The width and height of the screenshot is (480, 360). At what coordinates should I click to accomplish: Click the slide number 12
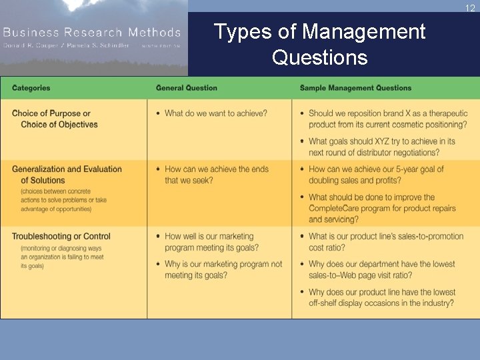pos(469,8)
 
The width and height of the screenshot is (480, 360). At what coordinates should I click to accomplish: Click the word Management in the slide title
pos(363,31)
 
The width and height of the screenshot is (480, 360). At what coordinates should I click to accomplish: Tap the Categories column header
pos(31,88)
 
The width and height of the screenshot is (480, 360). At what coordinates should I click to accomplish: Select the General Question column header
pos(186,88)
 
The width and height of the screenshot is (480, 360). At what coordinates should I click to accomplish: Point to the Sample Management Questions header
pos(355,88)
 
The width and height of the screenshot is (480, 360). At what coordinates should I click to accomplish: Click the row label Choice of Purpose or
pos(51,113)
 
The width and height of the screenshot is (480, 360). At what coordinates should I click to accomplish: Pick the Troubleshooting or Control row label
pos(61,236)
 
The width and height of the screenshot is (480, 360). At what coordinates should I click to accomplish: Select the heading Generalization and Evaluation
pos(67,169)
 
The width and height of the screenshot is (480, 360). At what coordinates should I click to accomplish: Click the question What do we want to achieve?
pos(215,113)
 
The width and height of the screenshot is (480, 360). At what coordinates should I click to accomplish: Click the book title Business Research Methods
pos(91,32)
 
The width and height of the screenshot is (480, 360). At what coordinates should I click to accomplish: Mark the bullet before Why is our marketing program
pos(158,265)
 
